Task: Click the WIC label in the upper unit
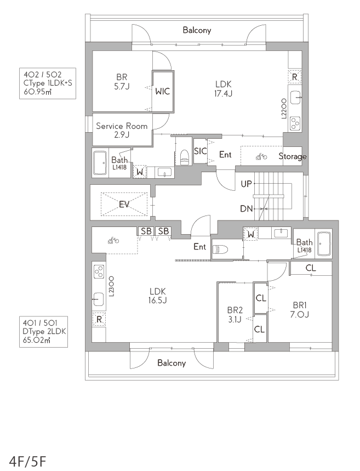[162, 91]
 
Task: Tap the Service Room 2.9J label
[122, 130]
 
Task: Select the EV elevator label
[124, 205]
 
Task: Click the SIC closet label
[200, 151]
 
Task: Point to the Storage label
[293, 156]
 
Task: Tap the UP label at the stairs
[247, 184]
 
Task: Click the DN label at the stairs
[247, 208]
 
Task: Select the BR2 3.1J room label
[235, 315]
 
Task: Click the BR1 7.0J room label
[300, 310]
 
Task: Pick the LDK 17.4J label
[224, 89]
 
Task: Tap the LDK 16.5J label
[158, 296]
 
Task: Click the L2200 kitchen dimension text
[284, 109]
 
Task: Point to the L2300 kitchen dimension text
[111, 286]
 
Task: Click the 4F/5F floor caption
[28, 461]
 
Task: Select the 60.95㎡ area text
[37, 92]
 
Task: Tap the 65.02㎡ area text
[36, 340]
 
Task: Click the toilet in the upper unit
[184, 157]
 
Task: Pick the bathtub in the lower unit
[324, 243]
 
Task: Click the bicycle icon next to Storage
[261, 156]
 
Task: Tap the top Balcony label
[197, 30]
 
